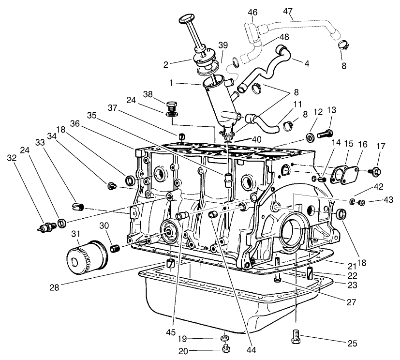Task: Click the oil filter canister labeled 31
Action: point(85,256)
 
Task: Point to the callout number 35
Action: point(92,116)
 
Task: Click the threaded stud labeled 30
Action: point(116,249)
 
